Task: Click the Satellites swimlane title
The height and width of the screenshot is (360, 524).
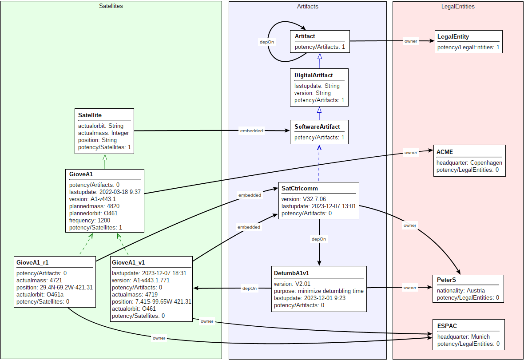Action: click(111, 6)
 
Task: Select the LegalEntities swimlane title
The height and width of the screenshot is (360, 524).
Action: click(458, 6)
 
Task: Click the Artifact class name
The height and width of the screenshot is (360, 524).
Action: click(305, 36)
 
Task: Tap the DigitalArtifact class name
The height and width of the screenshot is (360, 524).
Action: click(314, 75)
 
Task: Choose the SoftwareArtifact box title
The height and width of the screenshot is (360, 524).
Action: click(317, 127)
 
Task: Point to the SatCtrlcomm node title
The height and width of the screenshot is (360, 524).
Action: click(300, 188)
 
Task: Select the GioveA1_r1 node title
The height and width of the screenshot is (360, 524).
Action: click(32, 262)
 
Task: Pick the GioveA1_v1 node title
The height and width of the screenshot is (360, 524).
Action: click(129, 262)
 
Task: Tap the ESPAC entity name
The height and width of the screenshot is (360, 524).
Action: click(447, 326)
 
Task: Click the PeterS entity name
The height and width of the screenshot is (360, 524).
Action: click(447, 280)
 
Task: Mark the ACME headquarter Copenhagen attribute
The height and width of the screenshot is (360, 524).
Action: click(469, 162)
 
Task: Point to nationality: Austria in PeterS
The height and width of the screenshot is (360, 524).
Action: click(460, 290)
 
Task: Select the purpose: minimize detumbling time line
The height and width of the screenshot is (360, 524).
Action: click(319, 291)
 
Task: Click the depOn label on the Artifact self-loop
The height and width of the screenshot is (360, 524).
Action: click(266, 42)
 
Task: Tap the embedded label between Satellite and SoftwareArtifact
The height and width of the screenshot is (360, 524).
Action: click(251, 131)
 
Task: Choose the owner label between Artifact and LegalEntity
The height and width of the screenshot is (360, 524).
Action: click(411, 41)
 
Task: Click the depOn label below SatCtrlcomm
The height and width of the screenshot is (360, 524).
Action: click(319, 239)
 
